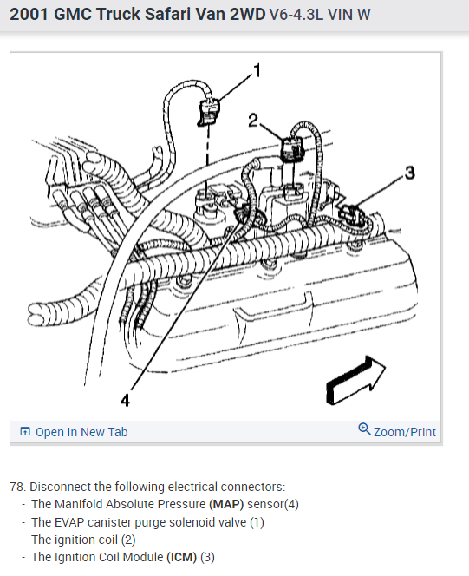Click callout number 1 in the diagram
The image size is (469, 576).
[257, 70]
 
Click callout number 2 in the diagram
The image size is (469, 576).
[253, 121]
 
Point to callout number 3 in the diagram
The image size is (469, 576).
[410, 173]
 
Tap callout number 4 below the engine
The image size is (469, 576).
[125, 400]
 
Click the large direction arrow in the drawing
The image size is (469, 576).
[355, 381]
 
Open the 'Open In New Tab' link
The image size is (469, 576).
[81, 432]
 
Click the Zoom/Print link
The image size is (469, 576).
[404, 432]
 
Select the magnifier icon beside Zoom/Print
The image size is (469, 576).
[364, 429]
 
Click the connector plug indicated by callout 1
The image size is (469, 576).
[208, 112]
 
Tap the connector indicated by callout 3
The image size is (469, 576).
[350, 213]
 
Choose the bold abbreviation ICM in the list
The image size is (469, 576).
[182, 557]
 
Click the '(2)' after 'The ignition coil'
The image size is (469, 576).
[128, 540]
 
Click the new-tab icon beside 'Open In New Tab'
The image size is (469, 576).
[25, 432]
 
